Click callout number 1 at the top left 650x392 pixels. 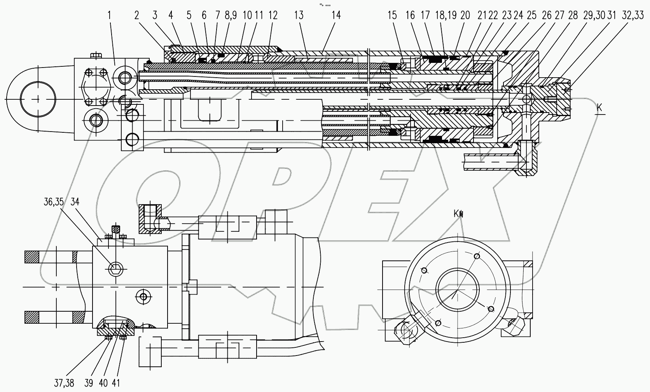pyautogui.click(x=109, y=16)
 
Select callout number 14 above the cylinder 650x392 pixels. pyautogui.click(x=336, y=16)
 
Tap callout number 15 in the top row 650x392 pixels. pyautogui.click(x=392, y=16)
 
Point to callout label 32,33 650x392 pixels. pyautogui.click(x=633, y=16)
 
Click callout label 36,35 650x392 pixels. pyautogui.click(x=54, y=202)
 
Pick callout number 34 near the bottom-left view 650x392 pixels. pyautogui.click(x=75, y=202)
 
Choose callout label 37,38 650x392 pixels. pyautogui.click(x=64, y=383)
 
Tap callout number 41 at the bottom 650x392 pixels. pyautogui.click(x=116, y=383)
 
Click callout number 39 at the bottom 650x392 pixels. pyautogui.click(x=89, y=383)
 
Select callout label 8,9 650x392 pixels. pyautogui.click(x=231, y=16)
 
